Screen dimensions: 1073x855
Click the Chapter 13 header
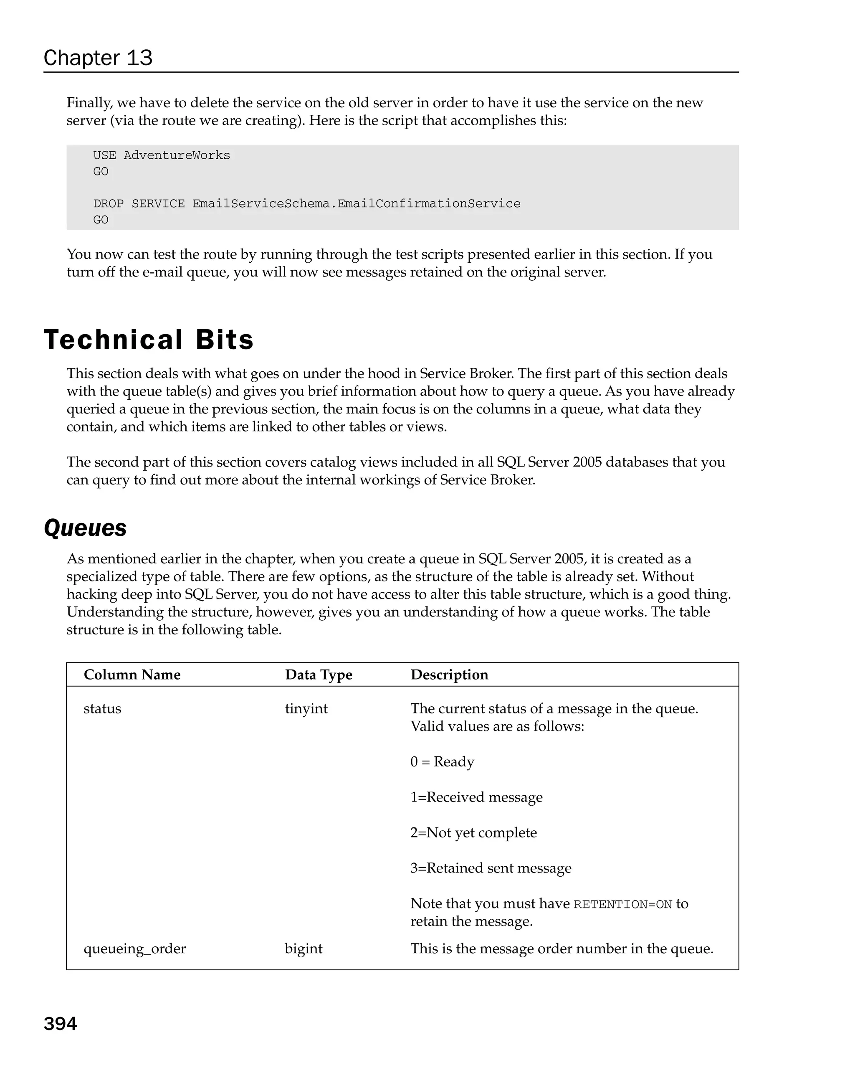98,58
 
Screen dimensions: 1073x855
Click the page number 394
60,1024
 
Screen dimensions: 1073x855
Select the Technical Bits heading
148,340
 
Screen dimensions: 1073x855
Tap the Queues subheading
85,528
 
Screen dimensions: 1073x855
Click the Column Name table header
132,675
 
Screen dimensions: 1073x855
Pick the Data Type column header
318,675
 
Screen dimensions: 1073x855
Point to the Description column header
449,675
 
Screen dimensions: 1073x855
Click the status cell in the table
102,708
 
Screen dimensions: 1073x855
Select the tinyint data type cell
306,708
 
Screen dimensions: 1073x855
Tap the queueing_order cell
134,948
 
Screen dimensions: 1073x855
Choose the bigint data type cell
304,948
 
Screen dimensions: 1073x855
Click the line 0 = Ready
442,761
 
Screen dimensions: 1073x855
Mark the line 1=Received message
476,797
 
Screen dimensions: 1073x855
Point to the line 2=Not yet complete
473,832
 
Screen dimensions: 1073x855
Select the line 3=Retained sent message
491,868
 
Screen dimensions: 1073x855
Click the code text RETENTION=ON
623,904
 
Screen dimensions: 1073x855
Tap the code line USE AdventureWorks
162,155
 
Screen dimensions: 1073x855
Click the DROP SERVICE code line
306,203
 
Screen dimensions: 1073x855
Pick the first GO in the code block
101,171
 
